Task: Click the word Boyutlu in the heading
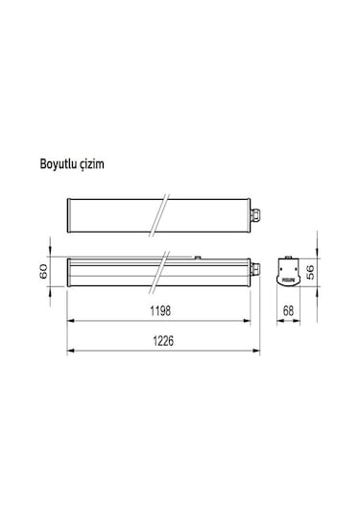[59, 164]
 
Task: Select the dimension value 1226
[159, 342]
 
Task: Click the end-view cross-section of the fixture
[287, 272]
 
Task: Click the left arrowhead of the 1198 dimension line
[71, 322]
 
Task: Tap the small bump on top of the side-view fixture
[198, 257]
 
